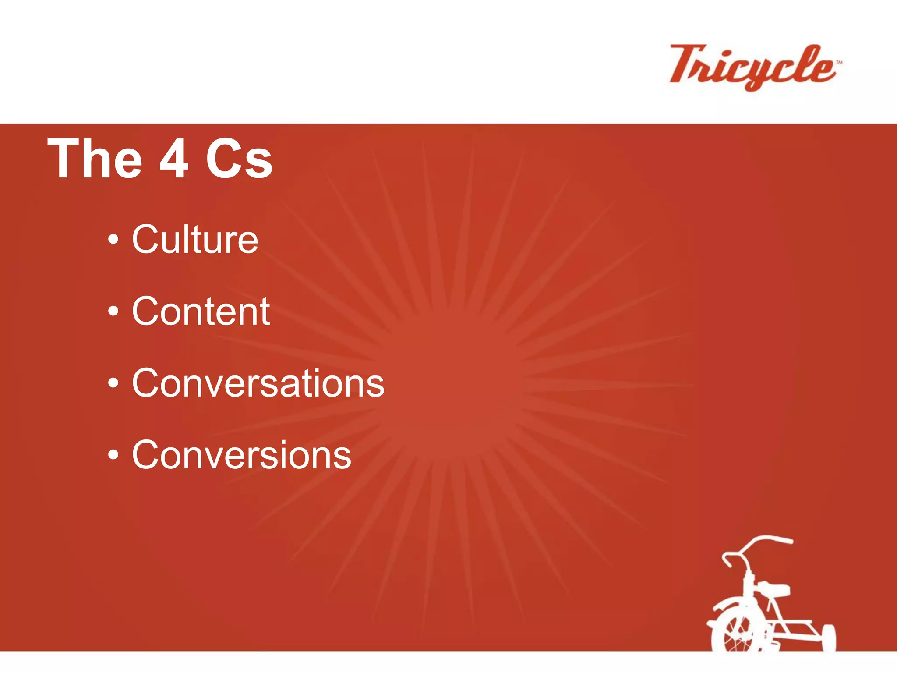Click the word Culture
195,239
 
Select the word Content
201,311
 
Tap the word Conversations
258,383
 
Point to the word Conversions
241,455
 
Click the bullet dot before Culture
113,240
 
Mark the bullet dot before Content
113,312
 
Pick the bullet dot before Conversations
113,383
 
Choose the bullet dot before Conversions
113,455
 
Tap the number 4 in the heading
174,159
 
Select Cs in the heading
239,159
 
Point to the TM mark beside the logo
839,63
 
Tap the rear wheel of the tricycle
828,638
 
